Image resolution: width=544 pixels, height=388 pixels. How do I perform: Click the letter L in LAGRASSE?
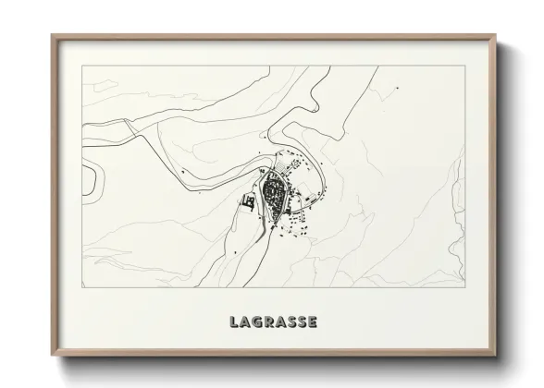click(x=233, y=322)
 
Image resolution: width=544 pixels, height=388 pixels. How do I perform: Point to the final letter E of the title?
click(x=314, y=322)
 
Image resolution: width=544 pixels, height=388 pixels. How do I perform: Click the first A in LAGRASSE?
click(x=244, y=322)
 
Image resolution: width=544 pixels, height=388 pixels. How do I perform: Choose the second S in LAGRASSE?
click(x=303, y=322)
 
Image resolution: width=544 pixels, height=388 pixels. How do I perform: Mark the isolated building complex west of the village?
click(x=248, y=200)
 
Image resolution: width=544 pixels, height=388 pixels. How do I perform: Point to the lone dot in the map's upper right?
click(x=397, y=88)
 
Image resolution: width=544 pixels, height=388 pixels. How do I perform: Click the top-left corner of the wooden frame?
click(x=52, y=36)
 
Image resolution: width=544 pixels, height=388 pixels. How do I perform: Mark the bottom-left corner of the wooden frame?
click(x=52, y=354)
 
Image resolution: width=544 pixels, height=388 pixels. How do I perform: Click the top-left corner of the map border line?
click(x=81, y=66)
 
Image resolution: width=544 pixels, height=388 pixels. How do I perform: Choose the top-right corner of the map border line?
click(x=464, y=66)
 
